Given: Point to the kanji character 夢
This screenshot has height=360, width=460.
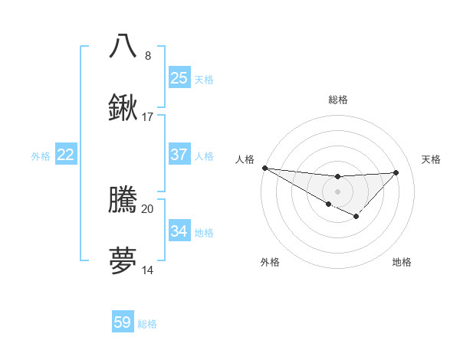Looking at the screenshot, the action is pos(123,261).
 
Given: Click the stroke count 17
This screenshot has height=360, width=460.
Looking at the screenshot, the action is pos(148,117).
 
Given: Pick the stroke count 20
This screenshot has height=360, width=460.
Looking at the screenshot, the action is pos(148,208).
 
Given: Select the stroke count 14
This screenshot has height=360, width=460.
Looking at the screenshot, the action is pos(148,270).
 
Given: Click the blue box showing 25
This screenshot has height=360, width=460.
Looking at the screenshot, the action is pos(179,77).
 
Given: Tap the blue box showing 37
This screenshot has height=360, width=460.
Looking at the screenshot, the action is pos(179,155).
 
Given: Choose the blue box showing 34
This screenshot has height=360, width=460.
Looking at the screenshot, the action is pos(179,231).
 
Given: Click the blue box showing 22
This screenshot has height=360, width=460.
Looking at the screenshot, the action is pos(66,155).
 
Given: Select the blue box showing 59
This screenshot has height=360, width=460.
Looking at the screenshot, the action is pos(123,322).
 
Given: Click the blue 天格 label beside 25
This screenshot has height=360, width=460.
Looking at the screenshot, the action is pos(204,80).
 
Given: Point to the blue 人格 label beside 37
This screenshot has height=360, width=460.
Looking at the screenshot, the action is pos(204,156).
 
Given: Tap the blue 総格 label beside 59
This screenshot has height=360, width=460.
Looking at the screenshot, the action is pos(147,324).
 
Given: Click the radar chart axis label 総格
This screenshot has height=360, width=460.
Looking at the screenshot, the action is pos(337,100).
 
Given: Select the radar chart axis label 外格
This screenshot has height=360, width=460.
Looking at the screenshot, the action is pos(270,263).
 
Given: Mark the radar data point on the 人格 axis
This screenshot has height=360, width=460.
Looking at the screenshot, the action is pos(264,168).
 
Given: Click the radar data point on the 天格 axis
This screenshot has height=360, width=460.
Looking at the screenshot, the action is pos(396,172).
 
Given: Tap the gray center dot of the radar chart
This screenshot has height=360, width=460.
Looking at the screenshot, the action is pos(337,191).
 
